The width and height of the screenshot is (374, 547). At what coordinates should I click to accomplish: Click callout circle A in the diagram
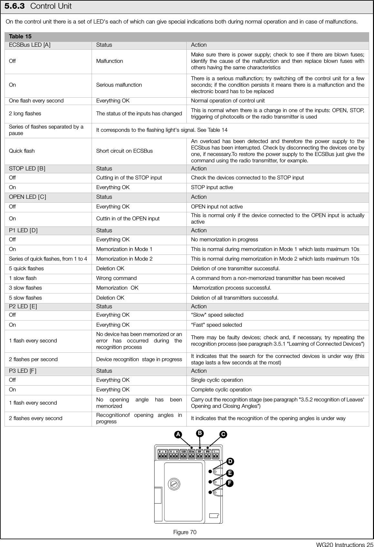177,435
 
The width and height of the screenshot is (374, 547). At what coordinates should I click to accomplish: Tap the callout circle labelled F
230,483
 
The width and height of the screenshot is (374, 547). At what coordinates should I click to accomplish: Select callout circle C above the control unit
222,435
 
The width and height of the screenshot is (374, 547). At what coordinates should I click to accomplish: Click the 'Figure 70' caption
185,532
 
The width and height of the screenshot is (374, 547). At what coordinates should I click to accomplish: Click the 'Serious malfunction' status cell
119,85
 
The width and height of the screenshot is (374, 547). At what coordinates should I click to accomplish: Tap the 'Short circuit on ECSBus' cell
124,151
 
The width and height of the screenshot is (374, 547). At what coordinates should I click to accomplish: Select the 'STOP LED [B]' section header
27,168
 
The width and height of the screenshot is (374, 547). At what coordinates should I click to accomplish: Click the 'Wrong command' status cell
116,278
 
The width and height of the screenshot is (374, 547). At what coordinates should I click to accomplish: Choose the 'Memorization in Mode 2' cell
124,259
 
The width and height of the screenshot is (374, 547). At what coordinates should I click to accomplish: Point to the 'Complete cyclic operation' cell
221,389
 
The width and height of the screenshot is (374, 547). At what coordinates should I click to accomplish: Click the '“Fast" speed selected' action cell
216,325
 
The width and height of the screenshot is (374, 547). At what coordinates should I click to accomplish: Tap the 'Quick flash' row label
22,151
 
